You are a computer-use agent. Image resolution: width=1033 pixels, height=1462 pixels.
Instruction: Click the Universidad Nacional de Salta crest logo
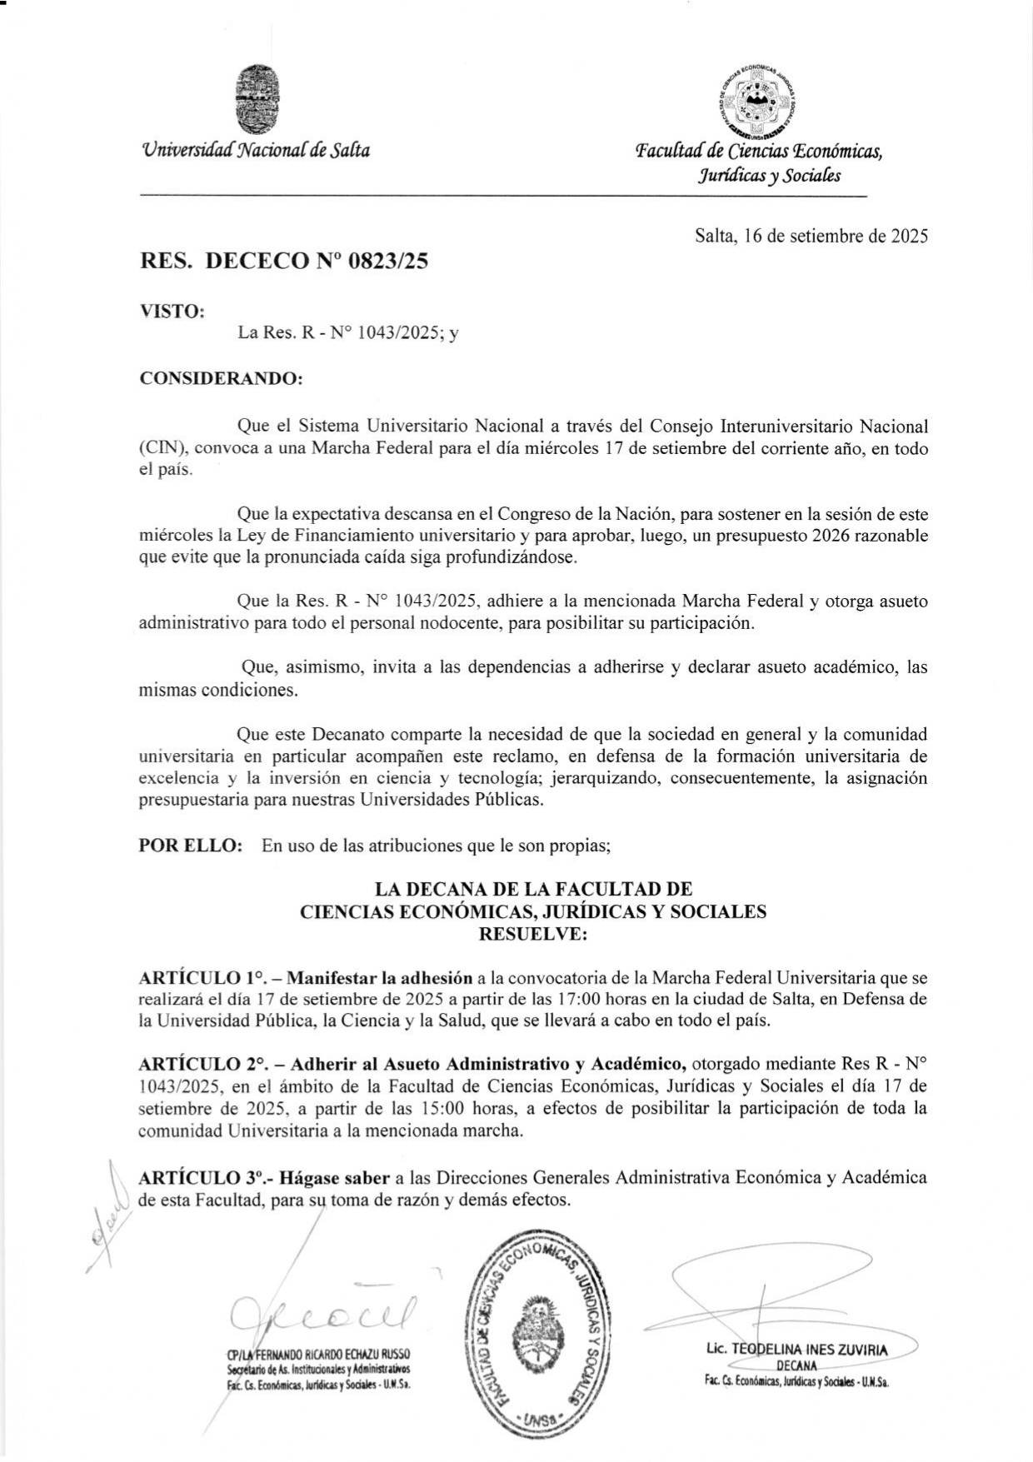click(x=257, y=100)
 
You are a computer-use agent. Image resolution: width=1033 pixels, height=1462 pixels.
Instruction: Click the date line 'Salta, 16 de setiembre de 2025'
click(x=811, y=236)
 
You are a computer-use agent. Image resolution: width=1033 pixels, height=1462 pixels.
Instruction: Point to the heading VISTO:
click(x=172, y=311)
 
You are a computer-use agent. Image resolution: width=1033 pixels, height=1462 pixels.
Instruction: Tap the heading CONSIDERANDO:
click(x=221, y=378)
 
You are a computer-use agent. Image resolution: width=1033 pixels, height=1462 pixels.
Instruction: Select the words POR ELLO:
click(x=191, y=846)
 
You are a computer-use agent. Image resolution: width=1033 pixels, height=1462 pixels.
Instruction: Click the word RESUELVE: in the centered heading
click(x=533, y=934)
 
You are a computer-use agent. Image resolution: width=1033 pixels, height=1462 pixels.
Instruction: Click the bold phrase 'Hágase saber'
click(x=334, y=1178)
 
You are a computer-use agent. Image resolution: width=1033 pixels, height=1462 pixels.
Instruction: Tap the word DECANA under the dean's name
click(x=796, y=1366)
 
